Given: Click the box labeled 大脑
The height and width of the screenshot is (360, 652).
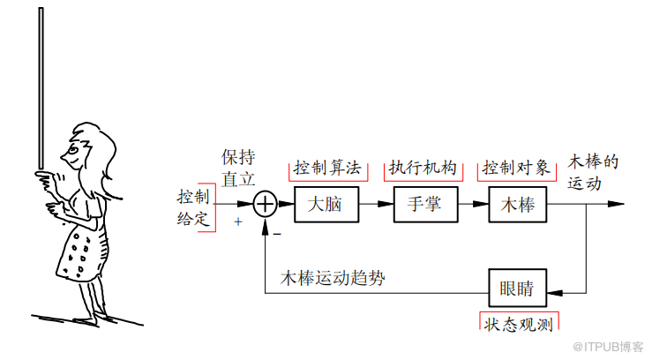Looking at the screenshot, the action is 326,205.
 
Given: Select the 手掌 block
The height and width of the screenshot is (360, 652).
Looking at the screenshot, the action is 426,205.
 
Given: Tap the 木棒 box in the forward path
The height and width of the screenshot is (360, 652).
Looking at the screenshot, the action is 518,205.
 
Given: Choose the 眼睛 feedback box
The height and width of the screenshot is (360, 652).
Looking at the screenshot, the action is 518,288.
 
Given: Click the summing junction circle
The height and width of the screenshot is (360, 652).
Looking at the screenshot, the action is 266,204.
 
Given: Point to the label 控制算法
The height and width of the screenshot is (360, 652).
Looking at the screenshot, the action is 327,168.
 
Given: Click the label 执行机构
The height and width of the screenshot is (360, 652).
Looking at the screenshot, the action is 423,168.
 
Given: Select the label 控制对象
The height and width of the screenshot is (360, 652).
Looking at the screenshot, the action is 516,168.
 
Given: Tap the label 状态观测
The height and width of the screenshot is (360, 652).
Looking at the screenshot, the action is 519,324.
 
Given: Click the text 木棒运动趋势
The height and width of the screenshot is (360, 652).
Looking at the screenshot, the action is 333,278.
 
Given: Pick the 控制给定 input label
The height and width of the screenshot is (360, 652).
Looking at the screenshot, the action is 193,207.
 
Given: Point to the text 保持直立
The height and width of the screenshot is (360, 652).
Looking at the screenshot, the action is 238,169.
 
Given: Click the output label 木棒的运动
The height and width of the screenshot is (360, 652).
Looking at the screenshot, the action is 593,173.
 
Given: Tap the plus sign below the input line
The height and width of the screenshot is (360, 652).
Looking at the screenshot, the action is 238,221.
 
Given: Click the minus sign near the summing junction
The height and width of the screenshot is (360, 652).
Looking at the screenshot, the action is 277,234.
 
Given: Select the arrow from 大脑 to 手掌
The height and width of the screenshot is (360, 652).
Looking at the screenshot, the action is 377,204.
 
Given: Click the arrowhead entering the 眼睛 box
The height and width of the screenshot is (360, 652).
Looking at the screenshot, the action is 555,293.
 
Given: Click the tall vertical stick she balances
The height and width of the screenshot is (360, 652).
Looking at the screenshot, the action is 41,88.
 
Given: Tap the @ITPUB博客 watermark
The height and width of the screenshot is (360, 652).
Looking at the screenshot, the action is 608,347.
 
